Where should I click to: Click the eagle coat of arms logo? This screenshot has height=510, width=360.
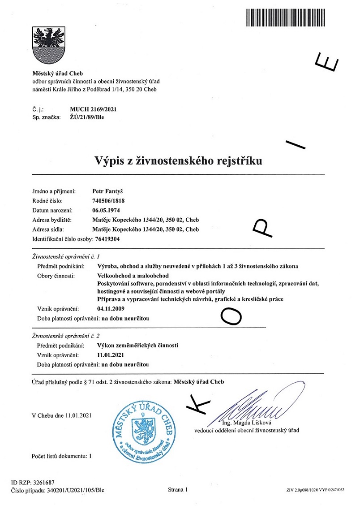point(49,45)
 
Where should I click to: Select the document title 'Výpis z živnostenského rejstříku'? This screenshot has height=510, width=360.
point(178,160)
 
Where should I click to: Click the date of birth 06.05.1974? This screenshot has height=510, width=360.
point(106,210)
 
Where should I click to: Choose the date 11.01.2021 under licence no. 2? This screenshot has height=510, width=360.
point(110,355)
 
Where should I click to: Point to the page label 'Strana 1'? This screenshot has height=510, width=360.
point(178,490)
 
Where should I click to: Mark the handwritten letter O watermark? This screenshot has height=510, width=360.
point(231,316)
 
